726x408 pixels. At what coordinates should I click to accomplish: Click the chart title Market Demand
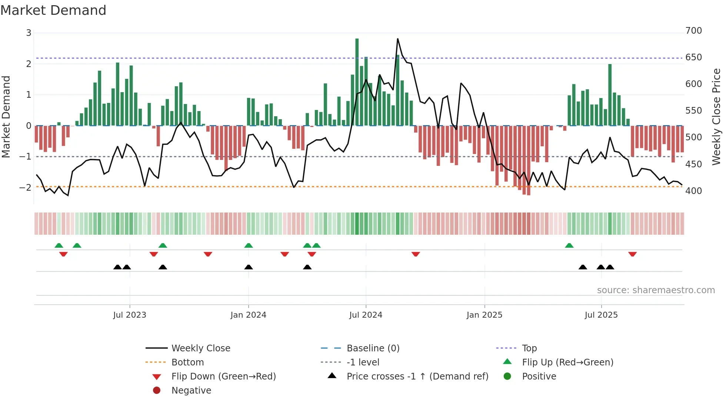click(53, 10)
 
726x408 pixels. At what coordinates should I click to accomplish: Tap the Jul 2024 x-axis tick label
click(366, 315)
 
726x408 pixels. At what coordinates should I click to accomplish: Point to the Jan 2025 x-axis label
click(484, 315)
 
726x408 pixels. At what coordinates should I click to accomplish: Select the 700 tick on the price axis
click(693, 30)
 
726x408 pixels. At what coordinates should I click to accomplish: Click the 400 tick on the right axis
click(693, 191)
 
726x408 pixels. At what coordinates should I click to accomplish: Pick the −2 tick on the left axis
click(25, 187)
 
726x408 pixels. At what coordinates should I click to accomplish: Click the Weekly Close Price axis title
click(716, 117)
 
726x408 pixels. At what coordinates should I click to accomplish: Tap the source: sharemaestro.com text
click(656, 290)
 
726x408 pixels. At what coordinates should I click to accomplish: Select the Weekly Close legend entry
click(200, 348)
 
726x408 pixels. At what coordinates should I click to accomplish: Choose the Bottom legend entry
click(187, 362)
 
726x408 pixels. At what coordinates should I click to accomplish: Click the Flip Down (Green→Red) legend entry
click(223, 376)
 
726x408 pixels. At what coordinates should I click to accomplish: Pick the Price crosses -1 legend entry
click(417, 376)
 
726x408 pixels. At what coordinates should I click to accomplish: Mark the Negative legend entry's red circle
click(157, 390)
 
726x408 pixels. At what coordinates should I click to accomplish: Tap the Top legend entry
click(529, 348)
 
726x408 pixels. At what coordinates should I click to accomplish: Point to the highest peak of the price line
click(398, 39)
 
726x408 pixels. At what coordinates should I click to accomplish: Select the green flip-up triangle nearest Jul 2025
click(569, 245)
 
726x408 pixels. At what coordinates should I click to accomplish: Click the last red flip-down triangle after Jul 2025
click(632, 254)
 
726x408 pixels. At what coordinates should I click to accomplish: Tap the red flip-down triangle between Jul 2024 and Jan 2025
click(416, 254)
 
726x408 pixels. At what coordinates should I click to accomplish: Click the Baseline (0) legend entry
click(373, 348)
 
